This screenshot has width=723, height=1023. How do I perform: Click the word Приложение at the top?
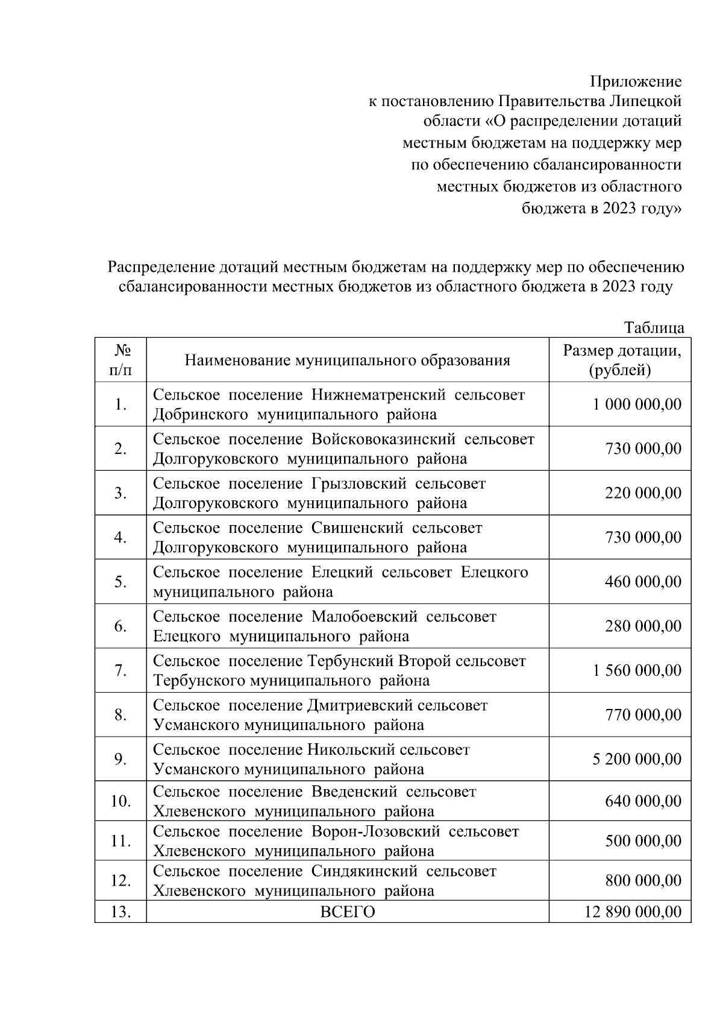(636, 81)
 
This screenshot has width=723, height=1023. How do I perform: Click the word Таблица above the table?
(654, 328)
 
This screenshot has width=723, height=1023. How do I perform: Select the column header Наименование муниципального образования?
(347, 360)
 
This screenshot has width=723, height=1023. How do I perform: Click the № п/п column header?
(120, 360)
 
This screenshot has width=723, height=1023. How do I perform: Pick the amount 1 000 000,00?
(637, 404)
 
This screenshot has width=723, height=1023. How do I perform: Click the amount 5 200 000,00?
(637, 759)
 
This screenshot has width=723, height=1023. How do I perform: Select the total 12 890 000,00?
(633, 912)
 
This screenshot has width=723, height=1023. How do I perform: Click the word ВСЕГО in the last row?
(347, 912)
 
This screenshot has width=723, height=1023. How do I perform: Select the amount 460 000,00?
(643, 582)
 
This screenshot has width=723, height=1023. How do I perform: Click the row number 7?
(120, 670)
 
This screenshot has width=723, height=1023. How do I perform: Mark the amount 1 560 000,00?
(637, 670)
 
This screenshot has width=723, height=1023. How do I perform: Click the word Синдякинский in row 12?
(365, 872)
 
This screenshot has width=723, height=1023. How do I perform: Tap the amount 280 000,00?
(643, 626)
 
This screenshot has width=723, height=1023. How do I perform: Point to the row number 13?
(120, 912)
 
